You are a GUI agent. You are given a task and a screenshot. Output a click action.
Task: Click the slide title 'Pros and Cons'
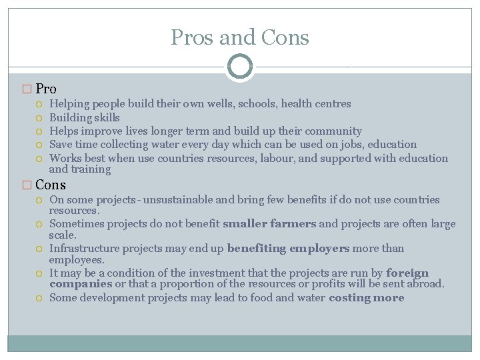point(240,37)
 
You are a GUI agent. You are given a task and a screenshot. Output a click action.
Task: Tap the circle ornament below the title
point(240,66)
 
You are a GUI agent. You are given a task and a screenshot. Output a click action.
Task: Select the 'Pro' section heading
point(46,89)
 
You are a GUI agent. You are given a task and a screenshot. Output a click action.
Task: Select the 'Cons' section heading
point(51,185)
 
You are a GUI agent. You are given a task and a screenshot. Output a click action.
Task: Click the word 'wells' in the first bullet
point(223,104)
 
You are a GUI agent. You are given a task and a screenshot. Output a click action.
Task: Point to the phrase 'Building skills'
point(85,117)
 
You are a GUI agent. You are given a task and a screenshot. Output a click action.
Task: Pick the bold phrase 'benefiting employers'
point(288,249)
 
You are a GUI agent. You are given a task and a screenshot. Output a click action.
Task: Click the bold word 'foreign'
point(407,273)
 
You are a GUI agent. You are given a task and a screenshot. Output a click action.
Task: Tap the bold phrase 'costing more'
point(367,298)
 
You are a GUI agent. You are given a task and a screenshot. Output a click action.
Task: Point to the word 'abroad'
point(426,284)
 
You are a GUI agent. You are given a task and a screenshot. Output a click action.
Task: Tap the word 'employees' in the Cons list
point(76,259)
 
